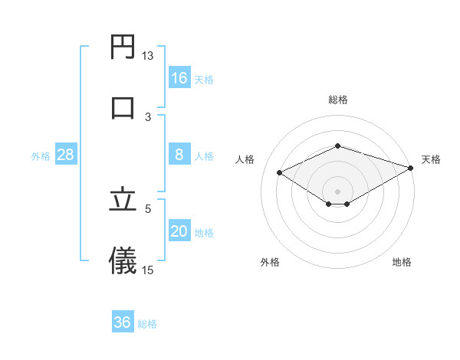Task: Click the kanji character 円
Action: [123, 47]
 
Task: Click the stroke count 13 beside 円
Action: [148, 56]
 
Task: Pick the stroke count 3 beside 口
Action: [149, 116]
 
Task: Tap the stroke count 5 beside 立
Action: [149, 208]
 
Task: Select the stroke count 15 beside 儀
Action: [148, 270]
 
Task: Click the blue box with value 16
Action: [179, 77]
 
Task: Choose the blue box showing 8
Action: [179, 154]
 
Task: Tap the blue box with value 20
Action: [179, 231]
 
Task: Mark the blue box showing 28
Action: [66, 154]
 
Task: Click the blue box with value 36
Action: [123, 322]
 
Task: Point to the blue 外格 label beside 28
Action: [41, 155]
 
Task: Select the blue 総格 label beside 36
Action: [147, 324]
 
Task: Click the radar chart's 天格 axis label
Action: [431, 159]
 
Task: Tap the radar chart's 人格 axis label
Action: [245, 159]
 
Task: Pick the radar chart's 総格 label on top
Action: [338, 100]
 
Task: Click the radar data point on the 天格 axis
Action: [412, 169]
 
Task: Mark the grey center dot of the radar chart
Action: [338, 191]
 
